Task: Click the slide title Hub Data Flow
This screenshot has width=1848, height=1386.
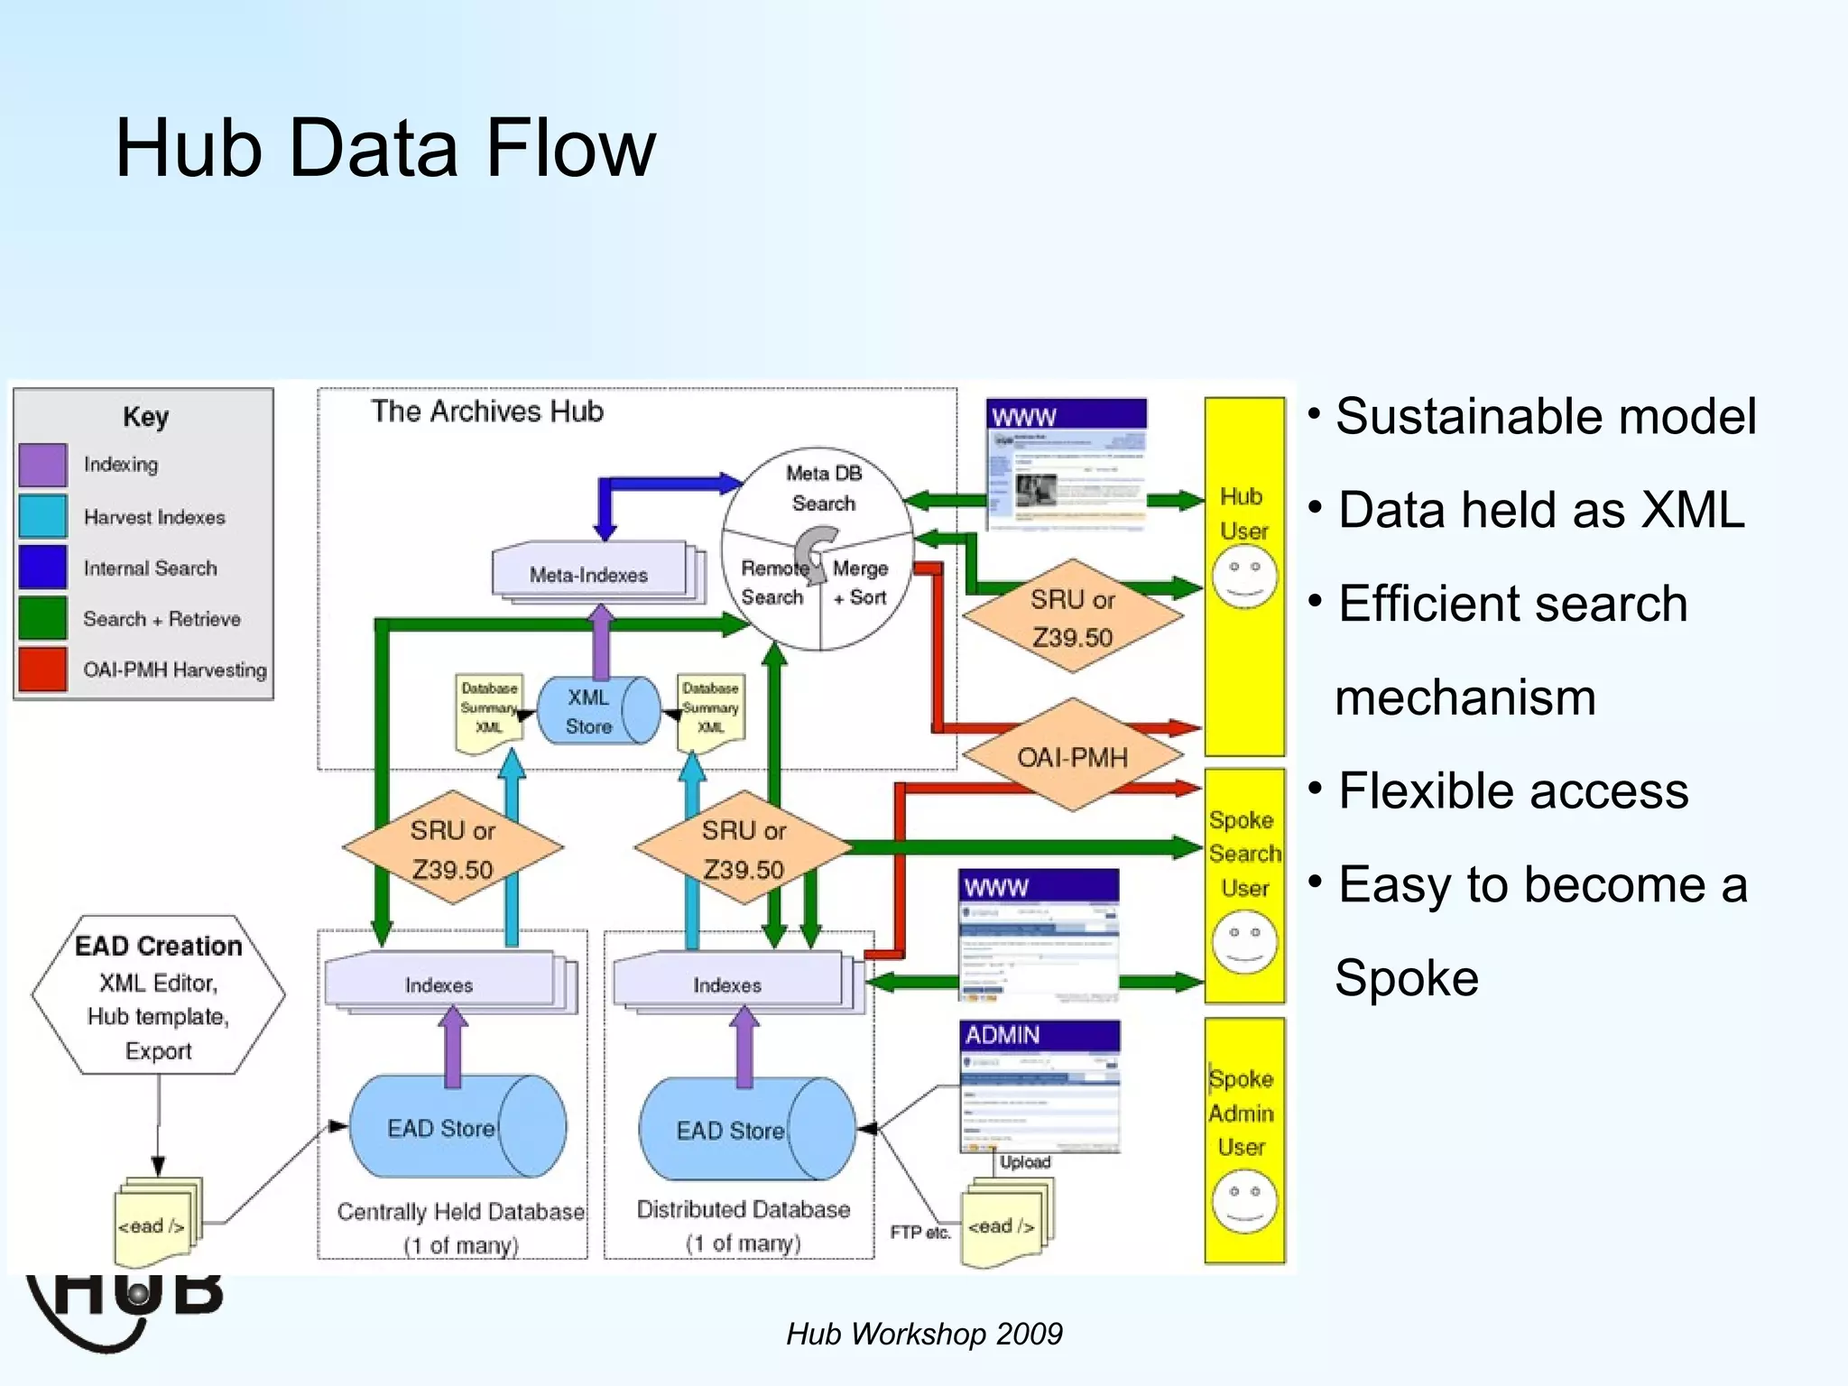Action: point(385,149)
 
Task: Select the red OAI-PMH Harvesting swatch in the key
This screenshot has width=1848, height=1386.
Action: point(42,669)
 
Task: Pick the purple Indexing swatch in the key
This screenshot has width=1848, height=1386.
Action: point(42,464)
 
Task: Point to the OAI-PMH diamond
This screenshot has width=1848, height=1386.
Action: point(1072,756)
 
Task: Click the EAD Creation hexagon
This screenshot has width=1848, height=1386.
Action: point(159,996)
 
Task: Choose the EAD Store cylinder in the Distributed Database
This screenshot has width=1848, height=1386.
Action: point(745,1130)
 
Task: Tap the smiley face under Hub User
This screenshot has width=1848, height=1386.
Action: point(1244,577)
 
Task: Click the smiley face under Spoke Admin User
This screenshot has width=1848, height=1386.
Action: point(1244,1201)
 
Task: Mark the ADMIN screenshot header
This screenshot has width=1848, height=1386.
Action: point(1039,1035)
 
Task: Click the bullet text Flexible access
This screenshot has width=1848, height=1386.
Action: point(1512,791)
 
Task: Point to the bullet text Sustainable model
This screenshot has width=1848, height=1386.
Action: point(1545,417)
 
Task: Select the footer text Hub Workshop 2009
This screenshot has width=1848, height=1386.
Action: point(924,1334)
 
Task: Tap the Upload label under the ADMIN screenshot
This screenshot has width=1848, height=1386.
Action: point(1024,1162)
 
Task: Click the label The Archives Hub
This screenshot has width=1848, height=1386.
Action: point(486,411)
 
